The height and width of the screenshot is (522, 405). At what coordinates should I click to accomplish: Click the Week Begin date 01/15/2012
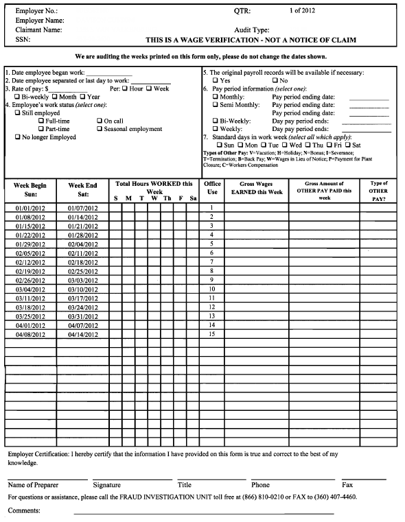coord(30,226)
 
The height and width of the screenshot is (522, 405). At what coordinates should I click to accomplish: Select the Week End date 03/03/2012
coord(83,280)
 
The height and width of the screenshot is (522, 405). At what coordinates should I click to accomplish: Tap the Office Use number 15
coord(212,334)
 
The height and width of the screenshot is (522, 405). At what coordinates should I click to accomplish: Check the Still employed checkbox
coord(18,112)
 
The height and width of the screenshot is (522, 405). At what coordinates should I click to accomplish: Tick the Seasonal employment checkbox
coord(100,129)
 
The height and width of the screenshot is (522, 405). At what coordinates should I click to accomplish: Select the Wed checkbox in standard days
coord(285,145)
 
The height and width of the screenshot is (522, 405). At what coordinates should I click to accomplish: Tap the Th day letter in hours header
coord(167,198)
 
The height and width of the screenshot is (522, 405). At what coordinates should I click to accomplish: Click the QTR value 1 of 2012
coord(307,12)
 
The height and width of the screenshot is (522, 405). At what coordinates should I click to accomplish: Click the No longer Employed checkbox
coord(18,137)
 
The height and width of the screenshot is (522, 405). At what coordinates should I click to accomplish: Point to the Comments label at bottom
coord(24,510)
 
